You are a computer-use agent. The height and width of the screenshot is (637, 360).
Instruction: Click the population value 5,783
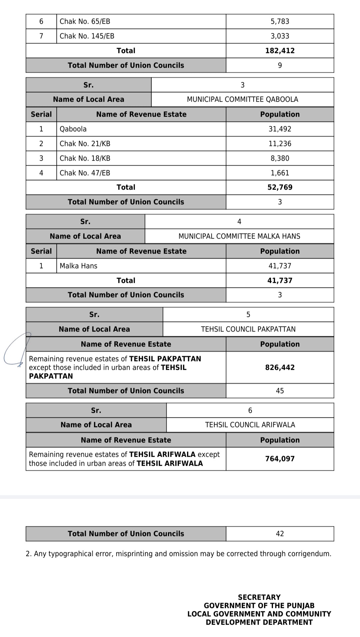(x=280, y=22)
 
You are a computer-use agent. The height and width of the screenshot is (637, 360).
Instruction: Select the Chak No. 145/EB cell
(x=87, y=36)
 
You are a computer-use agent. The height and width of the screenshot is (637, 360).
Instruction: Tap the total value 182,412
(x=280, y=51)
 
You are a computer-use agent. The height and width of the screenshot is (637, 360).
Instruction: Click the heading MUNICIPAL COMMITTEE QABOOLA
(x=242, y=99)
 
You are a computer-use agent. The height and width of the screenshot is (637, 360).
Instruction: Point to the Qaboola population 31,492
(x=280, y=129)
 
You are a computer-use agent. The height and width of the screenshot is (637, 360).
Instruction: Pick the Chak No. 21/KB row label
(x=85, y=144)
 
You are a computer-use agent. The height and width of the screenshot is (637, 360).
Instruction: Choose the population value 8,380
(x=280, y=158)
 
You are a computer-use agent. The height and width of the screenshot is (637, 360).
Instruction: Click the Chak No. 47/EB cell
(x=85, y=173)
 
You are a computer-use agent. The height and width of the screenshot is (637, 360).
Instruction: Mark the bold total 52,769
(x=280, y=187)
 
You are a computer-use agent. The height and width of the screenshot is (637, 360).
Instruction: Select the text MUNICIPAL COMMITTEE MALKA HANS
(x=239, y=236)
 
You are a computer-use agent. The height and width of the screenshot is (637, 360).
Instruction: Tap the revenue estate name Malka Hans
(x=79, y=266)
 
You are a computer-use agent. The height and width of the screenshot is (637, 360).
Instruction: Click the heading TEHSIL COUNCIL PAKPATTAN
(x=248, y=329)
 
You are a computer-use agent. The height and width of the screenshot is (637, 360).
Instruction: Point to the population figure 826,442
(x=280, y=367)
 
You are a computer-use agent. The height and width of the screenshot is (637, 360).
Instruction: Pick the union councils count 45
(x=280, y=391)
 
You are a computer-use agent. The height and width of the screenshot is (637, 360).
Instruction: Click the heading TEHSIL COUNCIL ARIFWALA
(x=250, y=425)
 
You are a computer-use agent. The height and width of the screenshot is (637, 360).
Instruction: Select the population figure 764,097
(x=280, y=459)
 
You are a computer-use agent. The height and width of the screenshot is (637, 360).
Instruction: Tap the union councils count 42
(x=280, y=534)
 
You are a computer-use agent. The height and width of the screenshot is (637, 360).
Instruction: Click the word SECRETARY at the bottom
(x=259, y=597)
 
